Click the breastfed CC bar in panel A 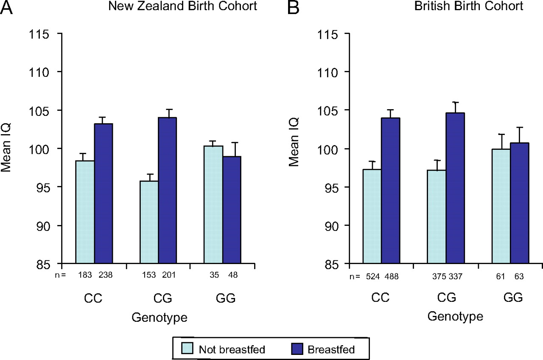point(103,194)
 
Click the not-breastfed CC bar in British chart point(372,217)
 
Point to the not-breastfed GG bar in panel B point(501,206)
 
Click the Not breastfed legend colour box point(188,349)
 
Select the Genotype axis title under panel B point(455,316)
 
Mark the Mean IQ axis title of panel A point(6,149)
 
